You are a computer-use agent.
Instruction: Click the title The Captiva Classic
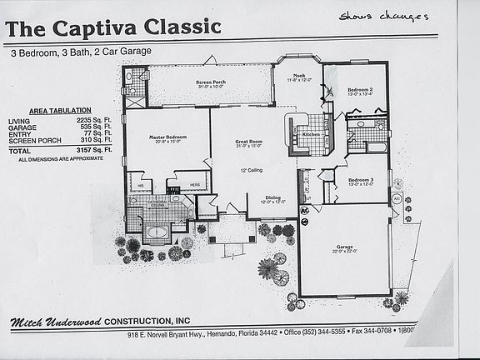point(113,27)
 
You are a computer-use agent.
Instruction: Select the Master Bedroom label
point(167,138)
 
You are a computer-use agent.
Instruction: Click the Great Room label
point(249,142)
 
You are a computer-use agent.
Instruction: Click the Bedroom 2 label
point(359,90)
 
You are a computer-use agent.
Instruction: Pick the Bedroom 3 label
point(360,181)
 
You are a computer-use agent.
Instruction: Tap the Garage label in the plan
point(344,248)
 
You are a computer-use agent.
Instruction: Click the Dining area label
point(273,197)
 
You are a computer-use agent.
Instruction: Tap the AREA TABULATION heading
point(55,110)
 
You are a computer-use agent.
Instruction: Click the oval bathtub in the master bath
point(156,232)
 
